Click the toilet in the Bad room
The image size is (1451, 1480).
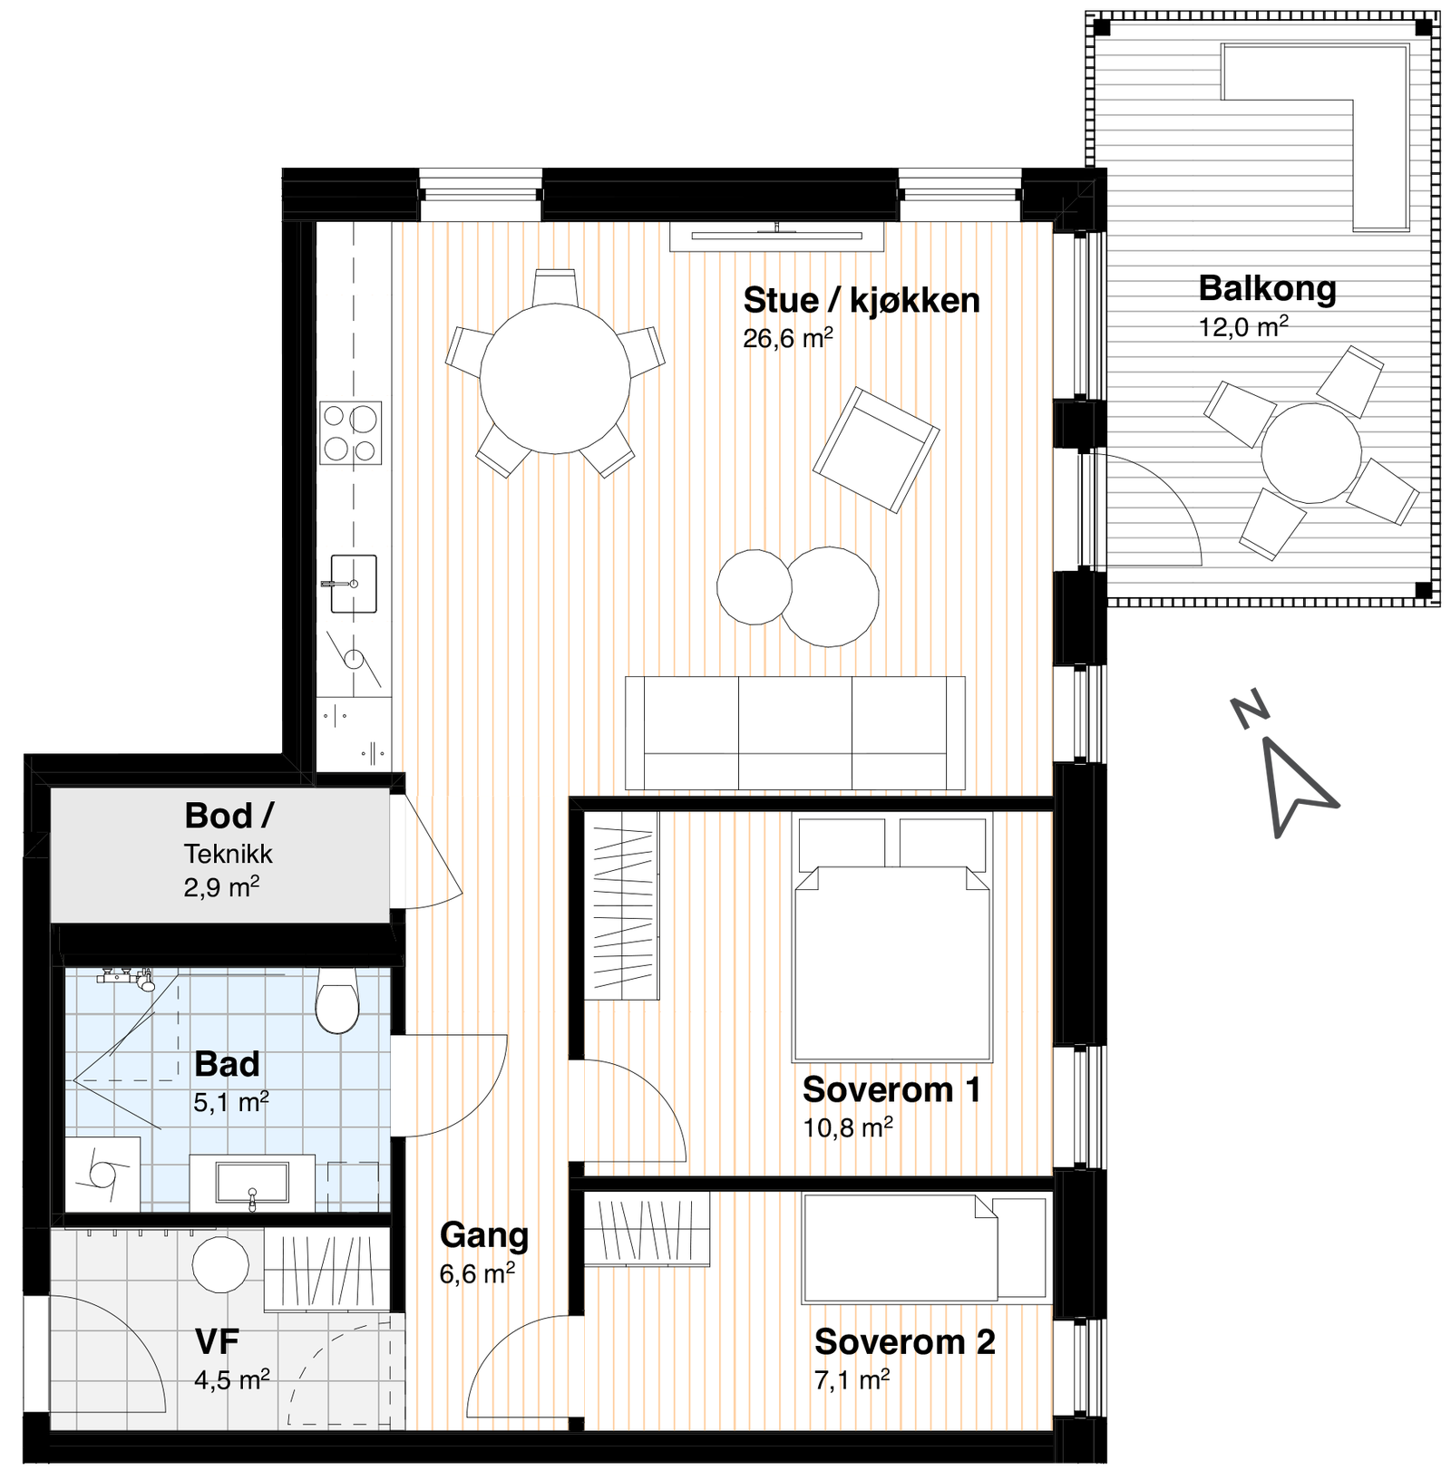337,1001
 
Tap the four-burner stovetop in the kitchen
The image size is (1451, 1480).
351,433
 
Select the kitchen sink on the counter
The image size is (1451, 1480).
353,584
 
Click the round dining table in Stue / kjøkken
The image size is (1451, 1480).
555,378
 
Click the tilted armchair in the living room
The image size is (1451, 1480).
875,450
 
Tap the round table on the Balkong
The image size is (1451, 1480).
1310,453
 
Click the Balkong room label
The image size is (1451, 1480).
1267,289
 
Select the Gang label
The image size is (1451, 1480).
483,1235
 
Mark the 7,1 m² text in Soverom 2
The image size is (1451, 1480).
852,1380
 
